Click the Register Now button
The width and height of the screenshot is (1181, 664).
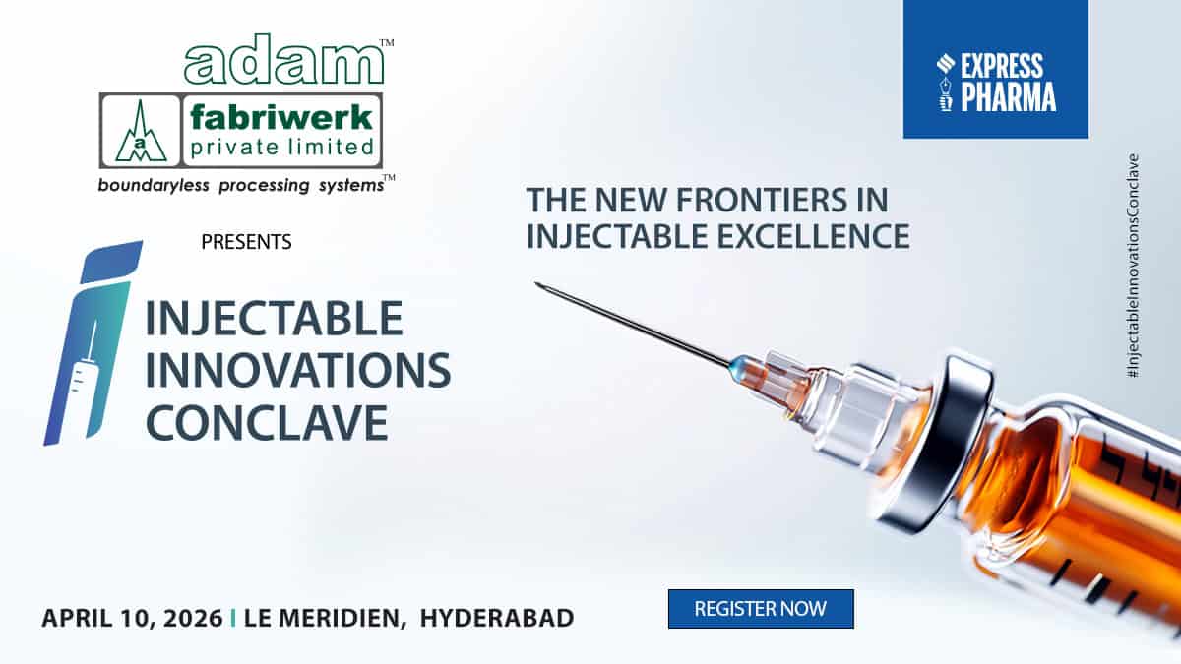pos(761,609)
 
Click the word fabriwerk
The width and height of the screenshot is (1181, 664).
pos(281,117)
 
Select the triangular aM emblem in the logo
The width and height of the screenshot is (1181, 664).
pos(141,131)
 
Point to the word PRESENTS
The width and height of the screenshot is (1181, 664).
pos(246,242)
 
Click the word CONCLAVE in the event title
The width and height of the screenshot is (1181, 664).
pos(267,423)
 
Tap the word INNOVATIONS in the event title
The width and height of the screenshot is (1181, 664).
pos(298,370)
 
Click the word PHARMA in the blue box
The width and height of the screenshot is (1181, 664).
pos(1008,96)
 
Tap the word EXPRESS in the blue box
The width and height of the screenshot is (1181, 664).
pos(1002,66)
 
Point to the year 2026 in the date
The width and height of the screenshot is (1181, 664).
pos(193,618)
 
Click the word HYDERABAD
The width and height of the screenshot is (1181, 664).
pos(497,618)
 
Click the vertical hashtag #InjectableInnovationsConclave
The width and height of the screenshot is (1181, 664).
pos(1133,266)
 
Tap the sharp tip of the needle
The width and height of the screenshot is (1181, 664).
pos(535,283)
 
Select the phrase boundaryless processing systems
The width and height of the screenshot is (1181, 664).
pos(241,186)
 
